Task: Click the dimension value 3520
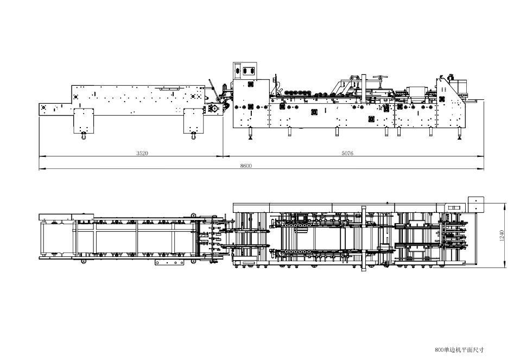(142, 153)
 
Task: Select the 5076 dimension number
(347, 153)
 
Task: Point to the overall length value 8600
(246, 166)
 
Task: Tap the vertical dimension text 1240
(502, 235)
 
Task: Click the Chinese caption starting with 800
(459, 350)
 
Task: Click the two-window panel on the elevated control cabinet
(245, 71)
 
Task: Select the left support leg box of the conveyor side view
(83, 121)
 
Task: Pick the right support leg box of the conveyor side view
(194, 121)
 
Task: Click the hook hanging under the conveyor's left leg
(83, 136)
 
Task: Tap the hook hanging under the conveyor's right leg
(193, 136)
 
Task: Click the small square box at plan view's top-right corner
(476, 204)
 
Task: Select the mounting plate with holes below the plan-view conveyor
(169, 262)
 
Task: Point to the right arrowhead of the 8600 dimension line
(481, 168)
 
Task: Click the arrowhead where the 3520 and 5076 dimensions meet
(223, 156)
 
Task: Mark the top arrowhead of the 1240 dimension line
(505, 205)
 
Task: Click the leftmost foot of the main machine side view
(249, 134)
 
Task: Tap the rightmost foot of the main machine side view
(460, 134)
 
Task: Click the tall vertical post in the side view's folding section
(364, 89)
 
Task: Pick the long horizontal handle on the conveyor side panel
(170, 89)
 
